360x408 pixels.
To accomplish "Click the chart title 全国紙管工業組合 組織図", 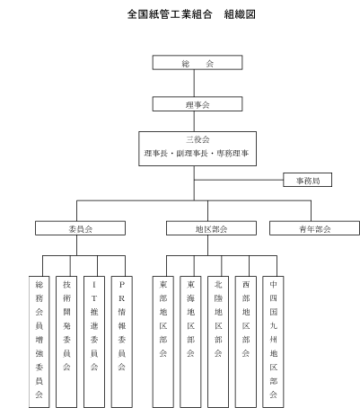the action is point(191,14).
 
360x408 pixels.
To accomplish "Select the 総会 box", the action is point(198,62).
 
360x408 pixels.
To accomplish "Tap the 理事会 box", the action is point(198,104).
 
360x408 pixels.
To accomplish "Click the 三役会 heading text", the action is point(198,139).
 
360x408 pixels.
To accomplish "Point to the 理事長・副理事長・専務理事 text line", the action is point(197,154).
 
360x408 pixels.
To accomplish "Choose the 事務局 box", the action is point(308,180).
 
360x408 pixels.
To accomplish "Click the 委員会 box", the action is point(80,228).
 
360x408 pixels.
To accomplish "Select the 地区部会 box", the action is point(211,228).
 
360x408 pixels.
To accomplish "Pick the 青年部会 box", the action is point(314,228).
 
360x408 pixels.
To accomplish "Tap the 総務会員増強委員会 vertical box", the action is point(40,341).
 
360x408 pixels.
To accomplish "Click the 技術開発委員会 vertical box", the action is point(66,341).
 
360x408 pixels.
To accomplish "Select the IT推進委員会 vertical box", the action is point(94,341).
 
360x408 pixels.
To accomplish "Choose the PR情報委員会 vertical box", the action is point(122,341).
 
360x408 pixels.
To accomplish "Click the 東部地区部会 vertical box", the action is point(163,341).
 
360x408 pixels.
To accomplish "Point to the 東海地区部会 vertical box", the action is point(190,341).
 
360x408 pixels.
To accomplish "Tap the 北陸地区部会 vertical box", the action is point(218,341).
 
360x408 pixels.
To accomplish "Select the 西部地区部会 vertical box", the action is point(246,341).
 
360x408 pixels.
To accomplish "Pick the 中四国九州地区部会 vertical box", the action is point(273,341).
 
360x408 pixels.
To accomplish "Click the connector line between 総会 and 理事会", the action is point(194,84).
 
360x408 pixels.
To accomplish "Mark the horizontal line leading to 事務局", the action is point(239,180).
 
